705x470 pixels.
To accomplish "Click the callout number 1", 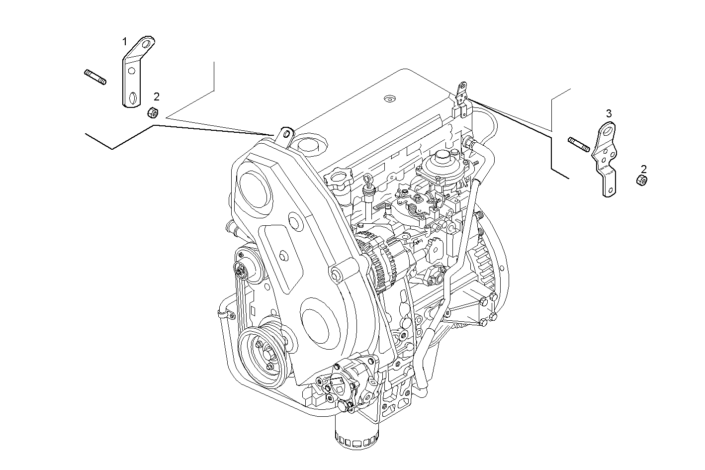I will click(125, 41).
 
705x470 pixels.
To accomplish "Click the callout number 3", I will click(609, 113).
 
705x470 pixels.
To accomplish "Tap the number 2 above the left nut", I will click(156, 96).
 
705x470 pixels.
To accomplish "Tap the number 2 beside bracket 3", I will click(644, 169).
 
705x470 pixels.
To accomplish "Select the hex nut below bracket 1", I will click(153, 113).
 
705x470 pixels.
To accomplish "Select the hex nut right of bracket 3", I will click(641, 180).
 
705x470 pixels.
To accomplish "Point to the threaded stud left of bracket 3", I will click(579, 144).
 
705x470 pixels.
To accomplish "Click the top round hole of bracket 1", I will click(146, 44).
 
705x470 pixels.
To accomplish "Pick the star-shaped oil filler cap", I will click(339, 178).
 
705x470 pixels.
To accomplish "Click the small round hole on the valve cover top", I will click(389, 98).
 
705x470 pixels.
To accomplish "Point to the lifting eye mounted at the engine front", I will click(286, 134).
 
